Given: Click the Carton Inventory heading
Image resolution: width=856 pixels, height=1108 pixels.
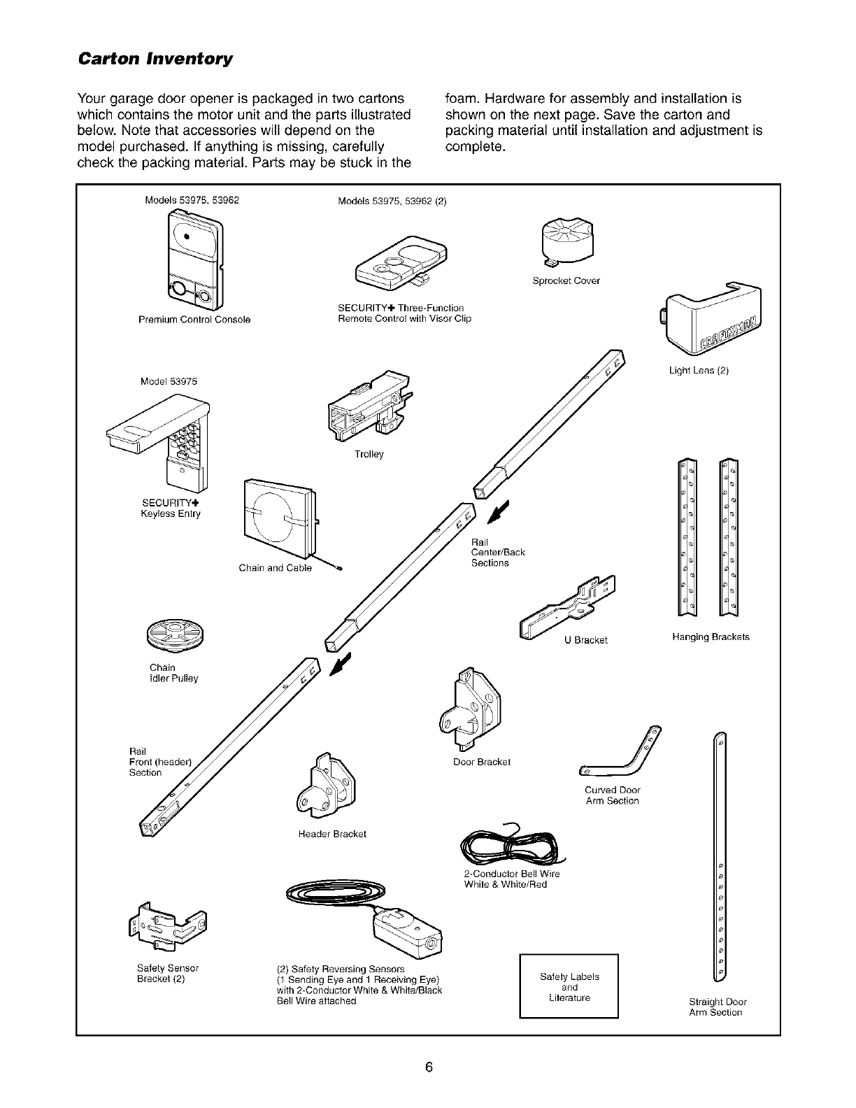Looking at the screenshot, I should (155, 58).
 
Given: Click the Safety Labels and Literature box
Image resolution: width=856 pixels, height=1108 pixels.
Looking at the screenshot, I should (569, 986).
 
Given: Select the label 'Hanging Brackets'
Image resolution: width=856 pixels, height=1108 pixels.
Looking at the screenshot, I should (710, 637).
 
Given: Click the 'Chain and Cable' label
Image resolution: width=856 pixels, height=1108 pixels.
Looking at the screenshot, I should (275, 568).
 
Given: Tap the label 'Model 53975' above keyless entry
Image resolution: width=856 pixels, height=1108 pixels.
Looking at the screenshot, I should (169, 381).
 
